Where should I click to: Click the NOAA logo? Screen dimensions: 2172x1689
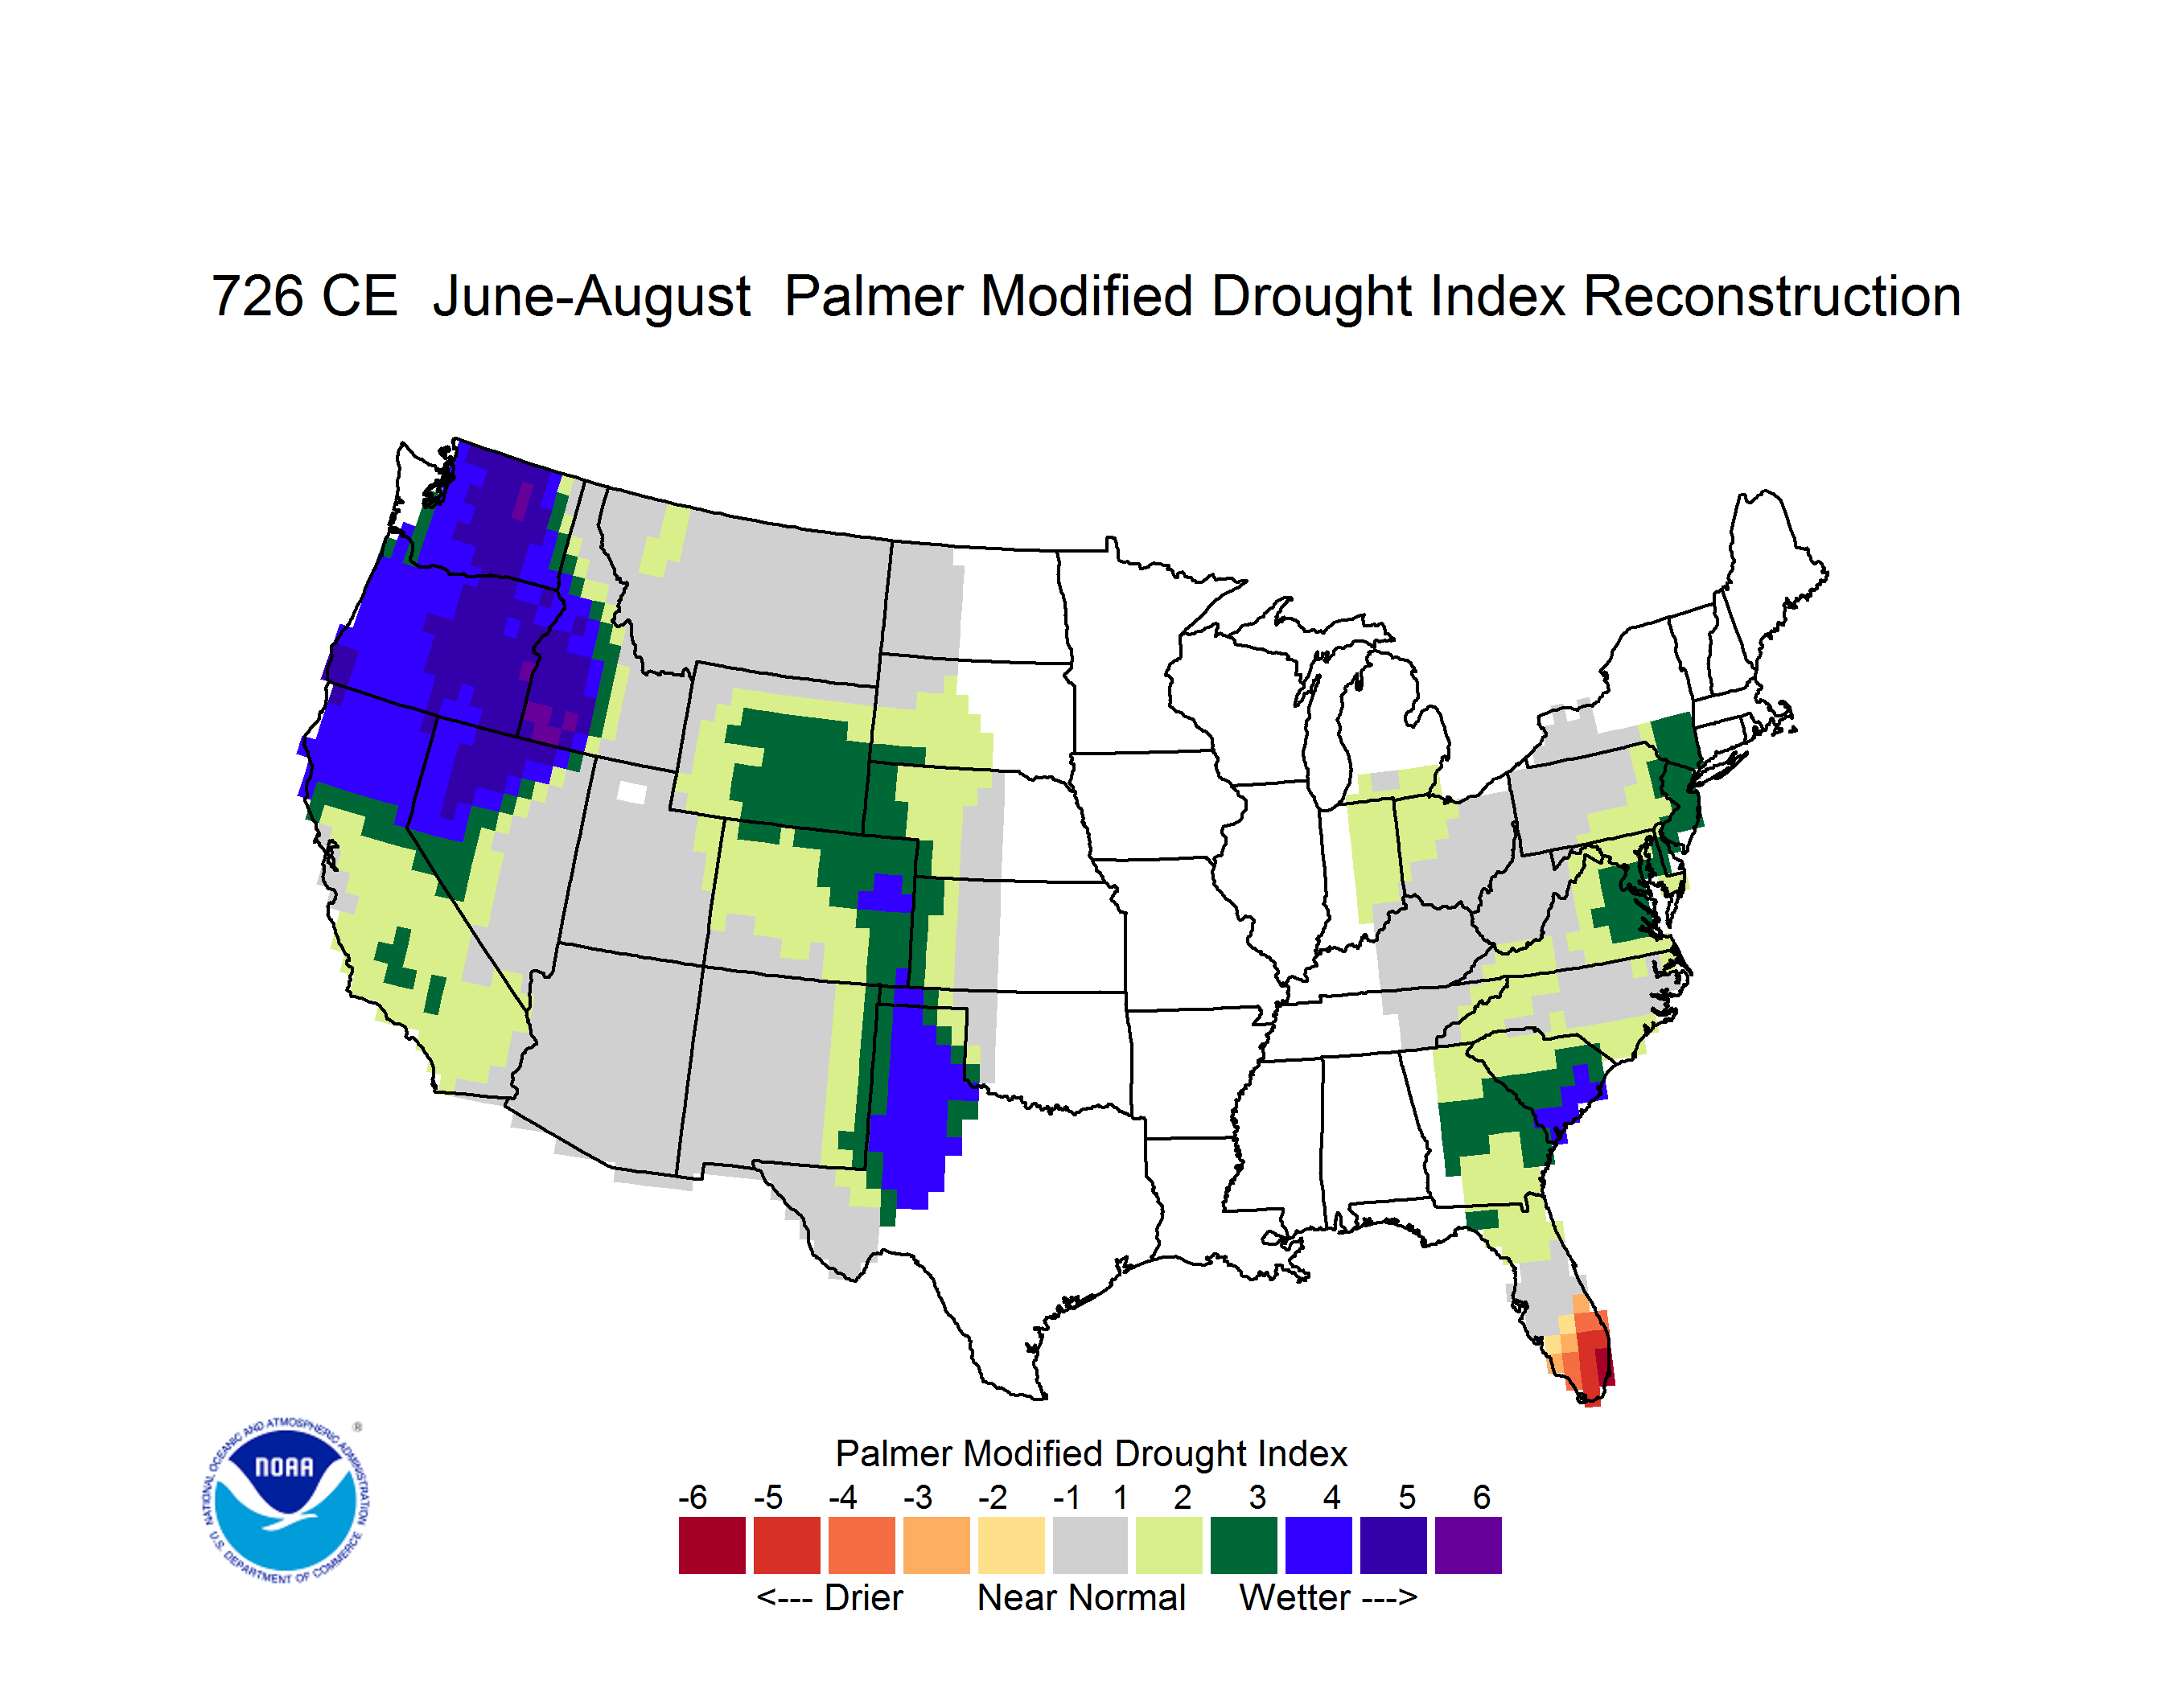coord(286,1501)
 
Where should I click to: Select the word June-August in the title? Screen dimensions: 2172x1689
coord(592,298)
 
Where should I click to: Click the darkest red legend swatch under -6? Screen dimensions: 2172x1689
coord(712,1545)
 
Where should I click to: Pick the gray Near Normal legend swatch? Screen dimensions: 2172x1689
coord(1090,1545)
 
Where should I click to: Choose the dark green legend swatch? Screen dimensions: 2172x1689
coord(1243,1545)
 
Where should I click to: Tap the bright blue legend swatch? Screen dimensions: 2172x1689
coord(1318,1545)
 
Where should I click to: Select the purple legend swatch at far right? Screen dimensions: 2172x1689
coord(1468,1545)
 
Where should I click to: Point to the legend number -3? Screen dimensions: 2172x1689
coord(917,1497)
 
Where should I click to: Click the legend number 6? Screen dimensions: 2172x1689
coord(1482,1497)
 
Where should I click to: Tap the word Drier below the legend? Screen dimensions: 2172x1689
coord(863,1597)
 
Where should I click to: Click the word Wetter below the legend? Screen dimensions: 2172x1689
coord(1295,1597)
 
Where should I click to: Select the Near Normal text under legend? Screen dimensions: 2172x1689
coord(1081,1597)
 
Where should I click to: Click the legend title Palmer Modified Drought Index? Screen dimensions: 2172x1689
coord(1091,1453)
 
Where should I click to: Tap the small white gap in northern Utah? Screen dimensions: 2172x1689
coord(631,792)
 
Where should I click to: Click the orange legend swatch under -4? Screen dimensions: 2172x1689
coord(862,1545)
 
